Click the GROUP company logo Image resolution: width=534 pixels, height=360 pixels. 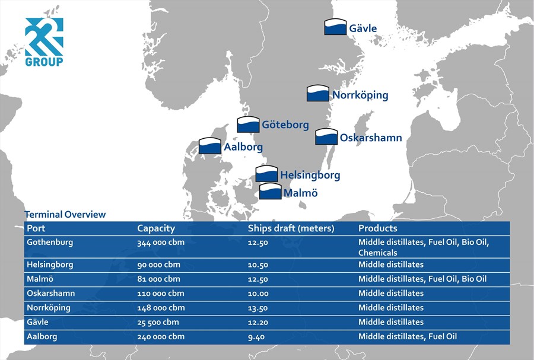tap(44, 42)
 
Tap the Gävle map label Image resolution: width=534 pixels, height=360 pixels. tap(363, 28)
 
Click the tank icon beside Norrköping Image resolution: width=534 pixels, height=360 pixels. tap(318, 93)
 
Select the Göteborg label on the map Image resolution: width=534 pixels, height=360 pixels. tap(285, 125)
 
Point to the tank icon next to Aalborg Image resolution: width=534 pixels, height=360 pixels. tap(210, 146)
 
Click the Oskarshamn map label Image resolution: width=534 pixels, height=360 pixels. tap(371, 138)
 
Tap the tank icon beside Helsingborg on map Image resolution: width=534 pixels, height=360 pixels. tap(266, 174)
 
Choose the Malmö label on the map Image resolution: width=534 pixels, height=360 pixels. tap(301, 193)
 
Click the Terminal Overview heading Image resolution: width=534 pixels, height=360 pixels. tap(65, 214)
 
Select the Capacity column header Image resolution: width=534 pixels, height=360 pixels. tap(156, 228)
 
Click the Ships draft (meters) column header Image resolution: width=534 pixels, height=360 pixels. tap(291, 228)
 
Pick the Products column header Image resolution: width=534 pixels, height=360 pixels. tap(378, 228)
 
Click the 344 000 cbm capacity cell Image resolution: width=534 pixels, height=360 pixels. tap(161, 243)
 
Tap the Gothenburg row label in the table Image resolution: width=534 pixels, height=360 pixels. tap(50, 243)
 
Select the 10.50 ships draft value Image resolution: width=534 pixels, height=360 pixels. tap(258, 265)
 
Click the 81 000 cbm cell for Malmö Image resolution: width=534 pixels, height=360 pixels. tap(158, 279)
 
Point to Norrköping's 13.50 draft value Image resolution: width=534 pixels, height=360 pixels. tap(258, 308)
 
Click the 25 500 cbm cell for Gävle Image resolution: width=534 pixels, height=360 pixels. tap(158, 322)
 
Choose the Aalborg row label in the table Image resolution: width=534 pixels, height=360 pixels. tap(42, 337)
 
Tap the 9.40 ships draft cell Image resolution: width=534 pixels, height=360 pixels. tap(256, 337)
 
